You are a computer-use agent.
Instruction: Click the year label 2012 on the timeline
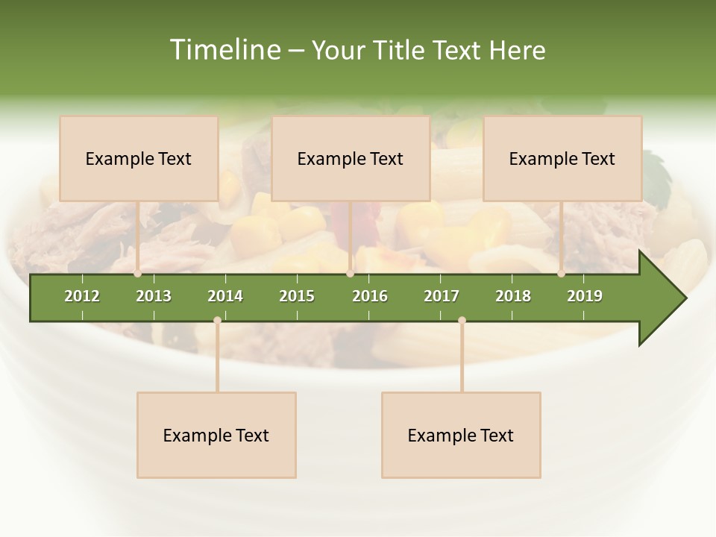tap(82, 296)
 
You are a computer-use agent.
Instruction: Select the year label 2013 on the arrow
tap(154, 296)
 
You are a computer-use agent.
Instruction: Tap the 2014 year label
tap(225, 296)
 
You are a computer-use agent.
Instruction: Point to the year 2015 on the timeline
tap(297, 296)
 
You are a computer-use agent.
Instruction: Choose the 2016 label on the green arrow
tap(370, 296)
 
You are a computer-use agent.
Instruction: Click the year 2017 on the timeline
tap(442, 296)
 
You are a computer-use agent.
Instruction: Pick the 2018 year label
tap(513, 296)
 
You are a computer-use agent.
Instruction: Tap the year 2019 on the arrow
tap(585, 296)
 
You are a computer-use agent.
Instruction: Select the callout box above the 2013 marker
tap(139, 158)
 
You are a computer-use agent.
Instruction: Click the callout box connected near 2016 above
tap(351, 158)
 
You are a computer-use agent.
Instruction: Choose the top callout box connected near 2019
tap(562, 158)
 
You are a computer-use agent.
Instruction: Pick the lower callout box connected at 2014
tap(216, 435)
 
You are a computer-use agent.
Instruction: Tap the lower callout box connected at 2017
tap(461, 435)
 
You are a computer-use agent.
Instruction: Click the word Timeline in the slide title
tap(224, 50)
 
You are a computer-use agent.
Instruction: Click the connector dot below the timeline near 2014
tap(217, 320)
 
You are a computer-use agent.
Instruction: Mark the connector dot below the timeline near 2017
tap(462, 320)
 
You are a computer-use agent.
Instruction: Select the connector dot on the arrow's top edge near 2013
tap(138, 273)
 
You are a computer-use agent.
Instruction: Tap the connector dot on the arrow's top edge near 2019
tap(561, 273)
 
